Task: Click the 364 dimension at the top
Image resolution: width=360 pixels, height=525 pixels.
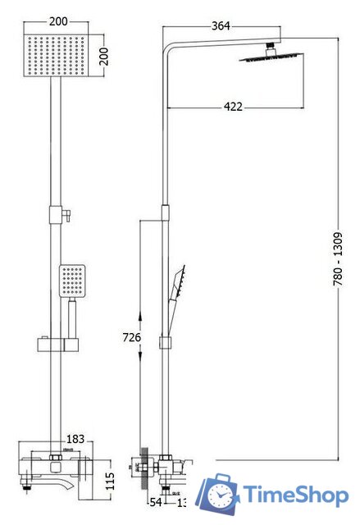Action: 221,25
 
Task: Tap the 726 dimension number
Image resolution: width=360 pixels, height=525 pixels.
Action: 131,337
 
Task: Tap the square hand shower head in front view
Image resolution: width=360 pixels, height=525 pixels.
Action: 71,281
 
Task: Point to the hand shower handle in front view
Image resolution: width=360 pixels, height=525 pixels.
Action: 71,315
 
